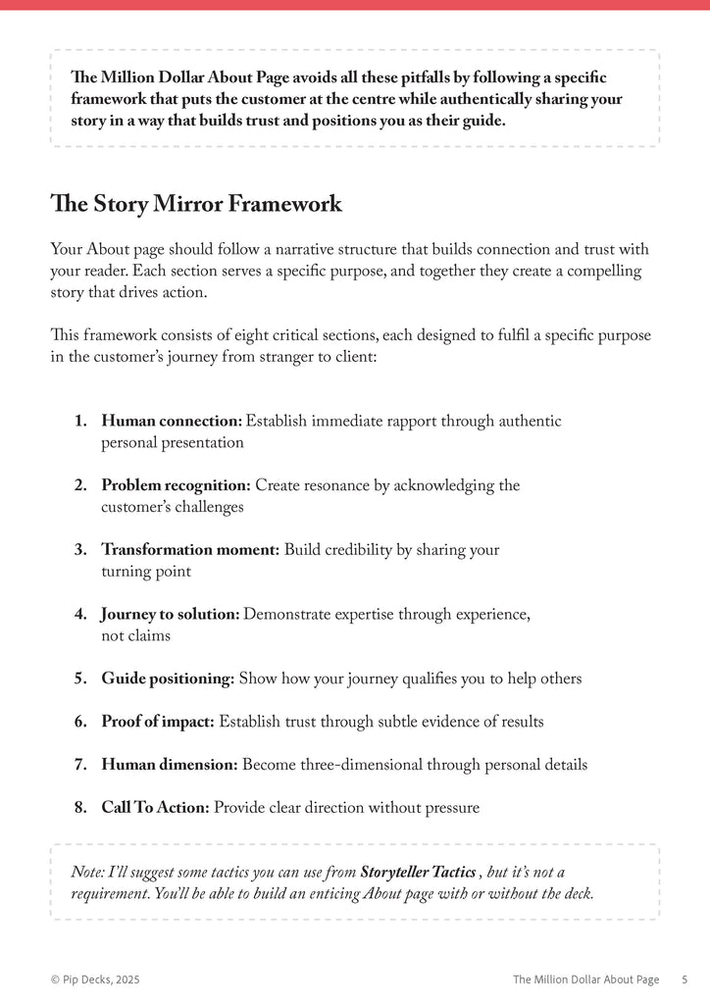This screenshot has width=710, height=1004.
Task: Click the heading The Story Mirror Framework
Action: pos(196,204)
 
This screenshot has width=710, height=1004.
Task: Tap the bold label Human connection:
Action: pos(172,421)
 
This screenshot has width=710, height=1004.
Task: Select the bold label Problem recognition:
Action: pos(177,485)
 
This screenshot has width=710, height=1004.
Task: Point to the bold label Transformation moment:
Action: pos(190,550)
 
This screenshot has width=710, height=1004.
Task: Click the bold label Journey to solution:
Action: pos(170,614)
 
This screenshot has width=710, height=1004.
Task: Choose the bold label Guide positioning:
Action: pos(168,678)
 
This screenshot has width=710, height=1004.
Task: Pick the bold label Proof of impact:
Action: pos(158,722)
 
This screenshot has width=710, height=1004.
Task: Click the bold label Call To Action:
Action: pos(155,808)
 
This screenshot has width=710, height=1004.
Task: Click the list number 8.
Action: pos(80,808)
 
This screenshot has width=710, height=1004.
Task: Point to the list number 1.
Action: pos(80,421)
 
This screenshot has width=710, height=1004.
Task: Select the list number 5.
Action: pos(80,678)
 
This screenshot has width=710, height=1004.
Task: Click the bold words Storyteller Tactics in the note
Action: pos(419,872)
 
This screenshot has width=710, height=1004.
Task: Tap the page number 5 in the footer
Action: pos(684,979)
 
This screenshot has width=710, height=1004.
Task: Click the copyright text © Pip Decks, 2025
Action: pos(102,979)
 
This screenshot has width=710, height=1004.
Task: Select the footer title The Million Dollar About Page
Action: pos(585,979)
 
